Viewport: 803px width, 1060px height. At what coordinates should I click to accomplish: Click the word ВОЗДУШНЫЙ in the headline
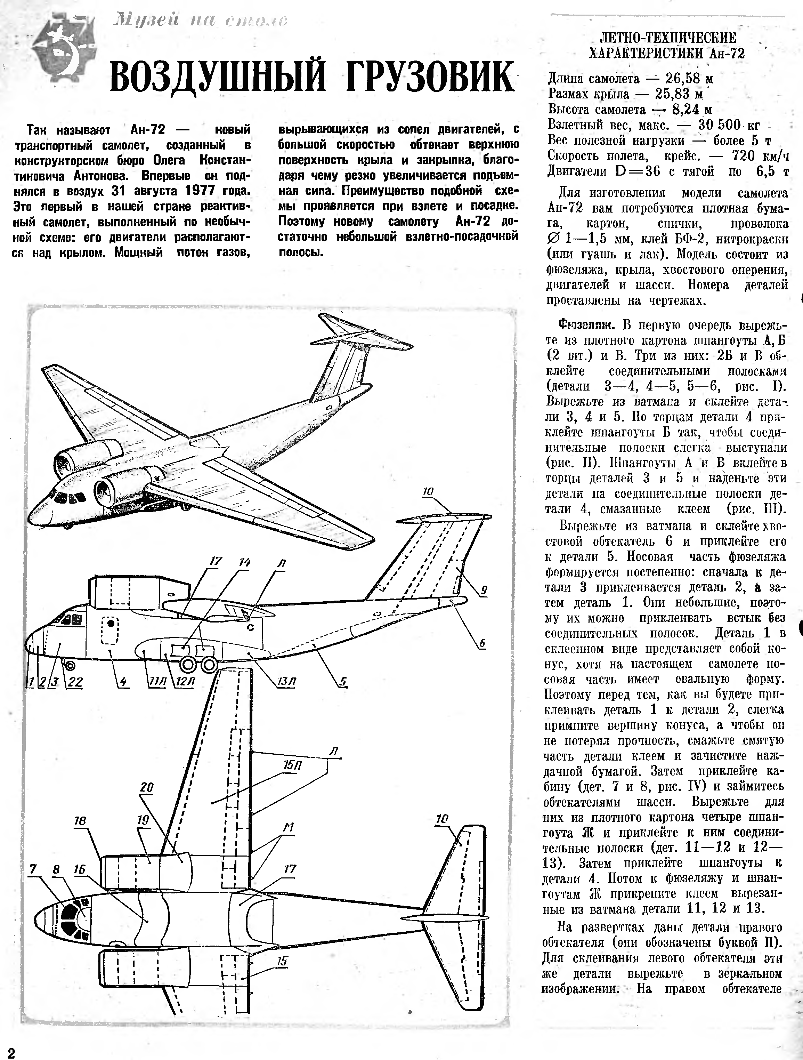tap(210, 77)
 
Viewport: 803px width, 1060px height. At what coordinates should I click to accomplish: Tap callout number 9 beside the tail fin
tap(484, 591)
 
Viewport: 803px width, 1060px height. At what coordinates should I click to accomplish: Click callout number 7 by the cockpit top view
tap(33, 869)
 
